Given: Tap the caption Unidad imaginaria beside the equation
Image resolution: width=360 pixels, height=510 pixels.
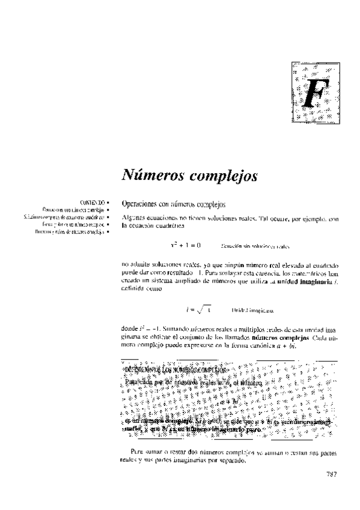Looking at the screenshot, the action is tap(252, 310).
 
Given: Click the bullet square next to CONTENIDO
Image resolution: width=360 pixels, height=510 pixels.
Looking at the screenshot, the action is tap(111, 203).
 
